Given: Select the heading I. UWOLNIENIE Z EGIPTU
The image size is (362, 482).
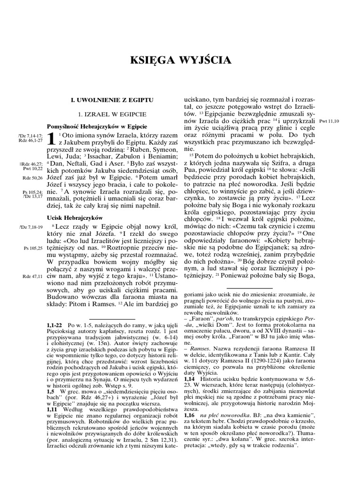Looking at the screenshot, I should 109,100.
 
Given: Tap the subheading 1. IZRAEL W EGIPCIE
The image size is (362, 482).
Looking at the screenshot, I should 109,114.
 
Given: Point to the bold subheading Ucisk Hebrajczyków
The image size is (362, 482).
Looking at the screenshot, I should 75,218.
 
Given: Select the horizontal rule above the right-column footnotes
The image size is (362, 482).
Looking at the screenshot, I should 249,288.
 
